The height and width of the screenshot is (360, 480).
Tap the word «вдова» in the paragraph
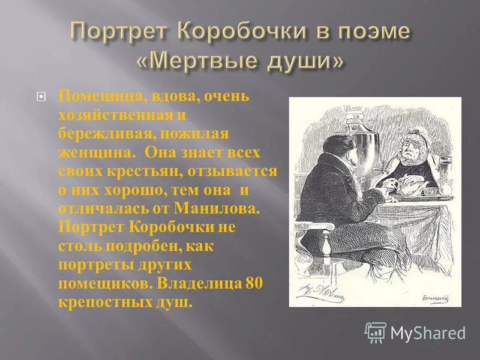coord(157,97)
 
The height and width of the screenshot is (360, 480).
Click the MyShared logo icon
coord(376,332)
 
